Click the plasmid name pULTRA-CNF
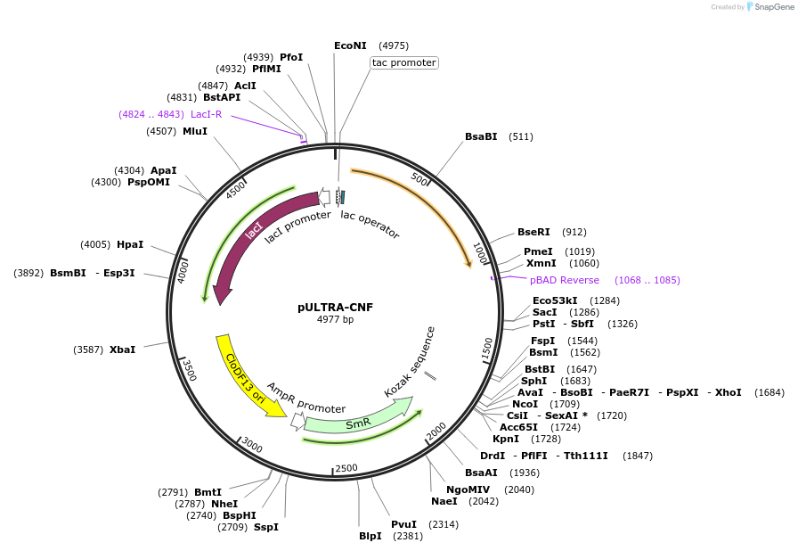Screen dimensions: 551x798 click(x=335, y=307)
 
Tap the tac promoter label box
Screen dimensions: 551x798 click(x=404, y=62)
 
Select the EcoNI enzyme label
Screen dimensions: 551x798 click(x=350, y=45)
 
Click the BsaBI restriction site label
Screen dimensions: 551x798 click(x=481, y=136)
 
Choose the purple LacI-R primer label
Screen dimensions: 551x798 click(x=207, y=114)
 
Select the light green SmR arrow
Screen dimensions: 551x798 click(x=357, y=424)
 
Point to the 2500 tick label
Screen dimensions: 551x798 click(x=346, y=468)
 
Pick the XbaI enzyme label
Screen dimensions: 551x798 click(x=122, y=350)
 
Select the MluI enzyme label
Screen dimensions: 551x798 click(x=194, y=131)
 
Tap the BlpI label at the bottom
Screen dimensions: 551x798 click(x=370, y=536)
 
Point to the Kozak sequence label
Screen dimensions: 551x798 click(x=410, y=362)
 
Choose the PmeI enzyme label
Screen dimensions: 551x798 click(x=538, y=251)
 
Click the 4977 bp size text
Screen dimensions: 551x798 click(x=335, y=319)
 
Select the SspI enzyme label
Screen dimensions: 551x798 click(x=265, y=527)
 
